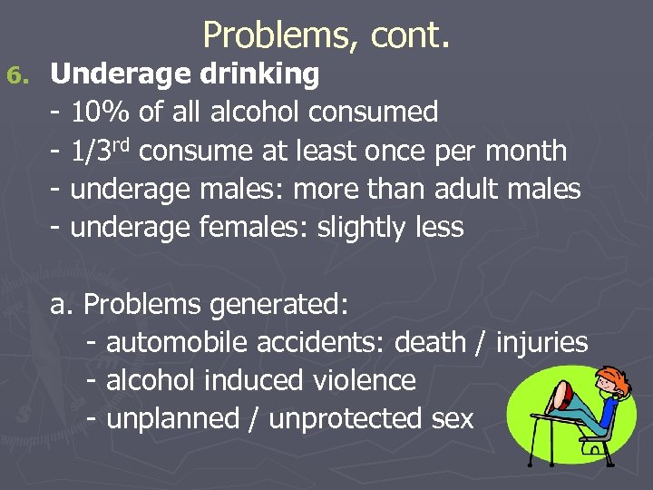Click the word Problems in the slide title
click(x=263, y=35)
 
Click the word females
click(x=253, y=227)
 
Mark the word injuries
click(x=542, y=343)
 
